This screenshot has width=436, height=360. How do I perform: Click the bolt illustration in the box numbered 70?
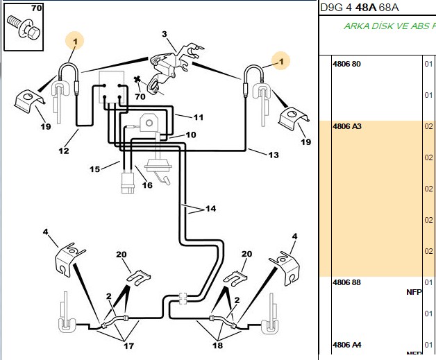pos(24,28)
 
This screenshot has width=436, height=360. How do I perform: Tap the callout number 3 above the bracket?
pos(165,34)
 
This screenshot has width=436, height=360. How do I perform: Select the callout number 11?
pos(199,117)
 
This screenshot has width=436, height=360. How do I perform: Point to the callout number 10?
pos(191,135)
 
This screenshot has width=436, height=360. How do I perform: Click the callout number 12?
pos(64,151)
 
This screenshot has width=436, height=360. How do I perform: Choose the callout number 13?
pos(274,155)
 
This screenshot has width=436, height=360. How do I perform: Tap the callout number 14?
pos(211,208)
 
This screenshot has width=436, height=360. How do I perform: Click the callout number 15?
pos(94,169)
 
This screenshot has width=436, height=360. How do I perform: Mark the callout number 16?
pos(147,185)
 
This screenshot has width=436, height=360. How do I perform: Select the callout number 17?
pos(128,346)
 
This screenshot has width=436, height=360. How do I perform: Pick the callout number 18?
pos(218,345)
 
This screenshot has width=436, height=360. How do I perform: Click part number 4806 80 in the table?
pos(346,64)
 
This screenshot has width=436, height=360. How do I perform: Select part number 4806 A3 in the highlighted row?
pos(347,126)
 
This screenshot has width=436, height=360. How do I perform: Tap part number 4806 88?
pos(346,282)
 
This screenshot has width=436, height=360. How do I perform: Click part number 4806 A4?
pos(347,345)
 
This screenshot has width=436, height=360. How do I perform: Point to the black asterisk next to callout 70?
pos(137,80)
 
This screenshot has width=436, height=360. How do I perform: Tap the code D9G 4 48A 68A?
pos(360,8)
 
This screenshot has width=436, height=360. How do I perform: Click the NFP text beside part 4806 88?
pos(414,292)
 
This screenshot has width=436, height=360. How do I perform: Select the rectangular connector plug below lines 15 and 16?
pos(128,183)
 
